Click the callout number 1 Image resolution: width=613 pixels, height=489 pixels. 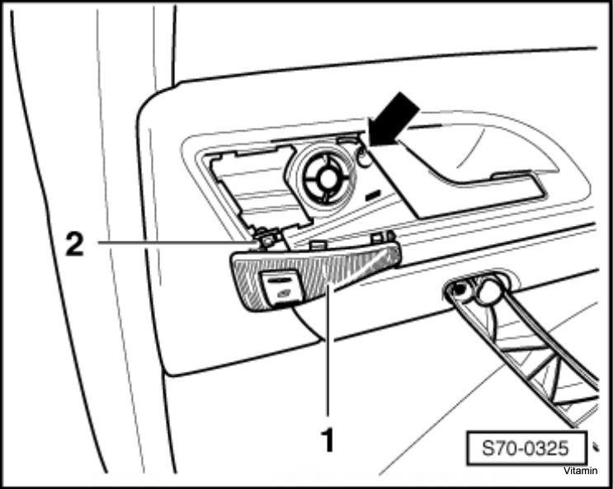coord(328,440)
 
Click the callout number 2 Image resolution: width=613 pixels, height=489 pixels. coord(74,243)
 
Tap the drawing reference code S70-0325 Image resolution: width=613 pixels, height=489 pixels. coord(525,448)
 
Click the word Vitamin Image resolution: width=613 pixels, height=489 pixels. coord(580,471)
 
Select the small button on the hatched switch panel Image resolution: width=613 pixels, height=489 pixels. coord(281,288)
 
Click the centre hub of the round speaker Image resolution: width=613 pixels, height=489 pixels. coord(326,179)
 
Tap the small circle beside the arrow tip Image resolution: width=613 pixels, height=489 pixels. coord(364,158)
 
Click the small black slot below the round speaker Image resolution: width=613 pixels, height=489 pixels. coord(374,195)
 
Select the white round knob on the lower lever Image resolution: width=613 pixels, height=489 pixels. coord(489,290)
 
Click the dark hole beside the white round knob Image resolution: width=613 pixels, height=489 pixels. coord(460,289)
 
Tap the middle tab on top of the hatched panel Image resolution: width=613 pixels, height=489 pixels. coord(318,247)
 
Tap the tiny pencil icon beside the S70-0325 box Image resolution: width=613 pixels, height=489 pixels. coord(596,447)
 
